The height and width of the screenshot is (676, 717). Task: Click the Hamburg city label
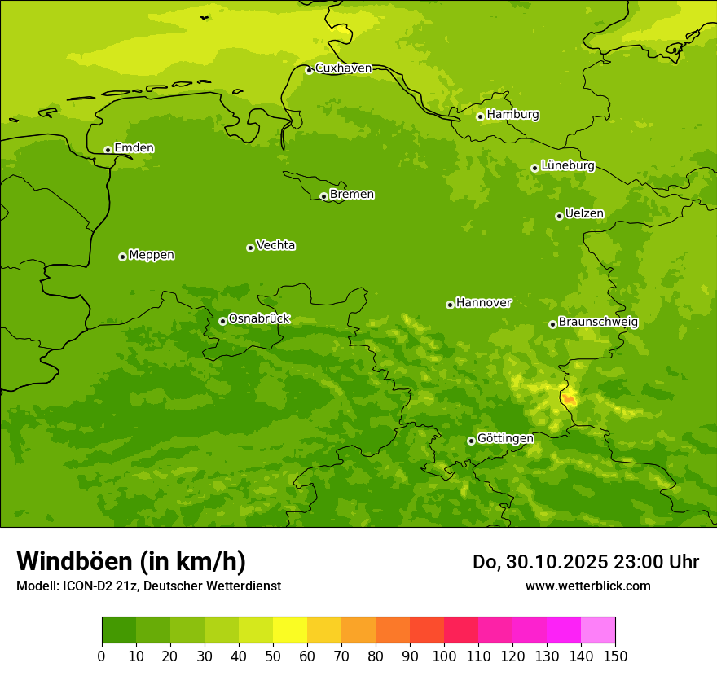pos(512,115)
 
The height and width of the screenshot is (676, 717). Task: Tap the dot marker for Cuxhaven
pos(309,70)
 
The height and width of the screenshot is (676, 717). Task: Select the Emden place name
pos(134,148)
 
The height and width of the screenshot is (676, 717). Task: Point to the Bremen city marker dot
pos(323,196)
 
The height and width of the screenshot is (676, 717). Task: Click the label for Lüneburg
pos(567,165)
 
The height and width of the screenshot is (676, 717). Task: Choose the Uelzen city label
pos(584,214)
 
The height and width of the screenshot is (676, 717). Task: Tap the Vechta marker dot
pos(250,248)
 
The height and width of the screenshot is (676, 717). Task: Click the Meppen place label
pos(152,255)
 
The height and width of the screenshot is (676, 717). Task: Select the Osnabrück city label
pos(259,319)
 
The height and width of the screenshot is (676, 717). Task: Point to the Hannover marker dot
pos(450,305)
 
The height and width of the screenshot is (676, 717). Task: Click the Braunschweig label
pos(598,323)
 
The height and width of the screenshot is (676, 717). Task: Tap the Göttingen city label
pos(505,438)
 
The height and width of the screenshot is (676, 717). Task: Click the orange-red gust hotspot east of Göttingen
pos(569,398)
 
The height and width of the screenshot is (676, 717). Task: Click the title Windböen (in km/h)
pos(131,561)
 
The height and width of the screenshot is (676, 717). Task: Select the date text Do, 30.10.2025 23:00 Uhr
pos(585,562)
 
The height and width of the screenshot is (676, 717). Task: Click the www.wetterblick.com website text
pos(587,586)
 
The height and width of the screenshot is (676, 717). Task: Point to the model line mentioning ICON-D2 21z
pos(148,586)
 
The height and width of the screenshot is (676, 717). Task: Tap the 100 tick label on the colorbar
pos(444,656)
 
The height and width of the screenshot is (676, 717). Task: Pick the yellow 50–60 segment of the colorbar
pos(290,630)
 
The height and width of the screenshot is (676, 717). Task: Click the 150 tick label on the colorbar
pos(615,656)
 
